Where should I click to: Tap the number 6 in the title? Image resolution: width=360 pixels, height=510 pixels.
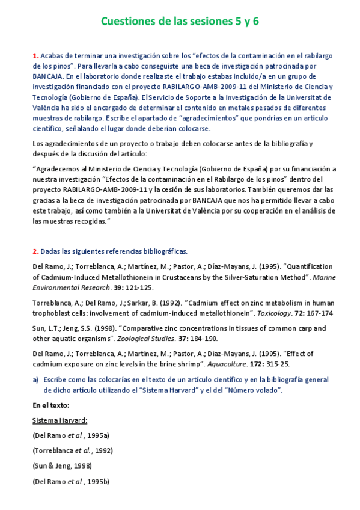[x=255, y=22]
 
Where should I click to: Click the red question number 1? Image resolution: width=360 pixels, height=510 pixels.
[x=35, y=56]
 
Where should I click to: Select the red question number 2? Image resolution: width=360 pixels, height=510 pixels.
[x=35, y=251]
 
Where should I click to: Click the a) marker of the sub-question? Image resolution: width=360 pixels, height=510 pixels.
[x=36, y=379]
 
